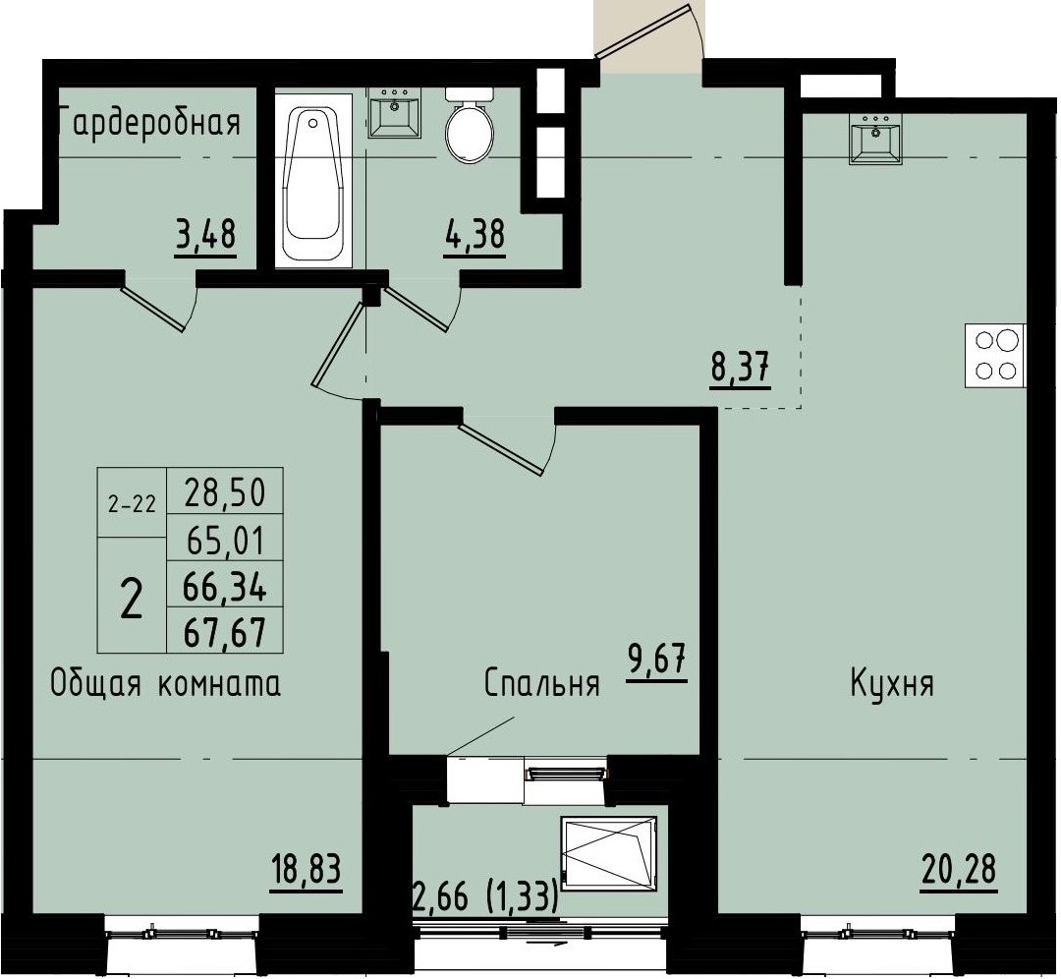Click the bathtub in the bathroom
(315, 181)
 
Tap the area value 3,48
(206, 237)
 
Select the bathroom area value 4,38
(475, 237)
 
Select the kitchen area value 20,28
(959, 870)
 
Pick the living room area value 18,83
(307, 870)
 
